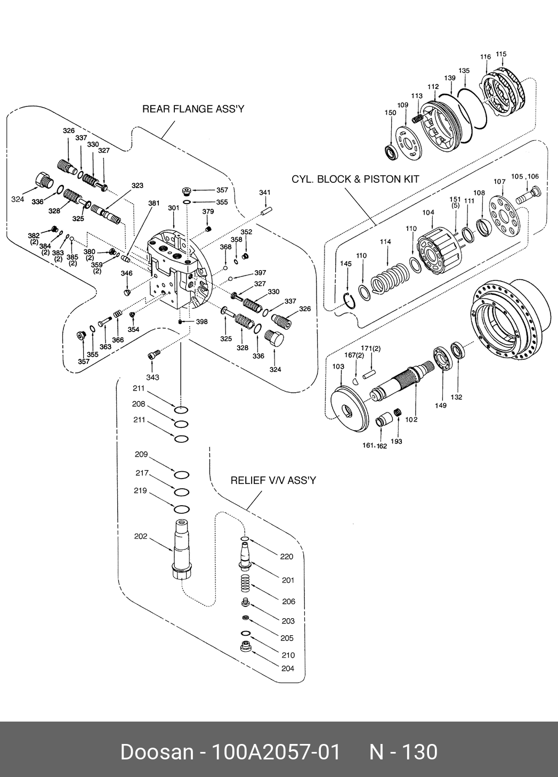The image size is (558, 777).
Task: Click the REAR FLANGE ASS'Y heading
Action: (x=193, y=109)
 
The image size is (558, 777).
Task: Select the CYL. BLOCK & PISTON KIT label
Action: (x=355, y=179)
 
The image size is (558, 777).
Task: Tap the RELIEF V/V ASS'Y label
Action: (x=273, y=480)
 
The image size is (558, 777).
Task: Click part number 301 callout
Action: (x=174, y=208)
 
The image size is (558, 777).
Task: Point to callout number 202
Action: (x=140, y=536)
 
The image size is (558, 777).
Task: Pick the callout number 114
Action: (x=385, y=241)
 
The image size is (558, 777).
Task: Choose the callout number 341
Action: (x=265, y=192)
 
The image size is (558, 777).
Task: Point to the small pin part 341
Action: (x=267, y=211)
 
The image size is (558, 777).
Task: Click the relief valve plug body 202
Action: (x=181, y=552)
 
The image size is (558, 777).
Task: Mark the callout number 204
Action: (x=287, y=668)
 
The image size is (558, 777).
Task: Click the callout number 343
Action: (x=152, y=377)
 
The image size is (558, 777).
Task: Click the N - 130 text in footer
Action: (x=403, y=752)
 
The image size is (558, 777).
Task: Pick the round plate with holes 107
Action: (x=503, y=213)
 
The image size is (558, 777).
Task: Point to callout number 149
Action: (x=440, y=406)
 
